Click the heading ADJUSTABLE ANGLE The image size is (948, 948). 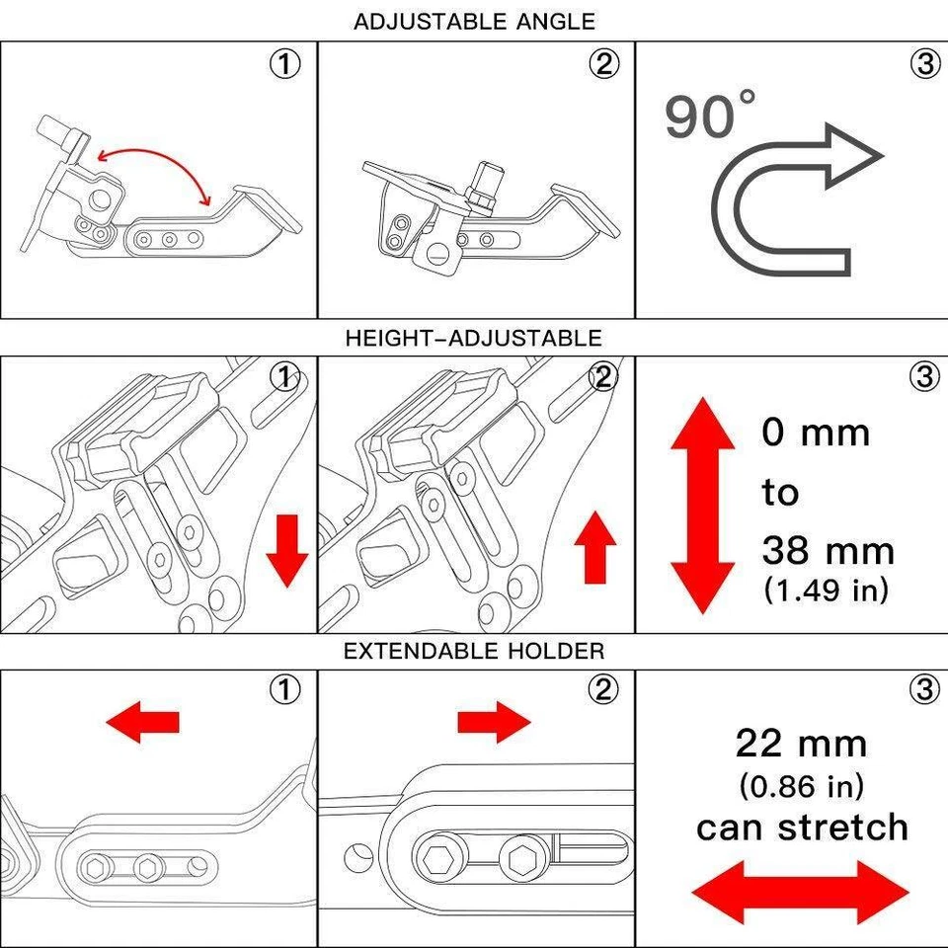click(x=474, y=21)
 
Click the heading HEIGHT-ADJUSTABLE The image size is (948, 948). click(x=473, y=339)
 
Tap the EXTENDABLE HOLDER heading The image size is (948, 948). click(x=474, y=651)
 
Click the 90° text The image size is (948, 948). click(x=709, y=115)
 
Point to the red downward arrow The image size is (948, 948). click(x=287, y=549)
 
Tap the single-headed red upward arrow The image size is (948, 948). click(x=594, y=549)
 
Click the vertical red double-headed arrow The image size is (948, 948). click(x=702, y=503)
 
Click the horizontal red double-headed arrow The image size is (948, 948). click(x=800, y=892)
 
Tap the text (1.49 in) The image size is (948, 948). click(x=826, y=590)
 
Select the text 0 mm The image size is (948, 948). click(x=815, y=433)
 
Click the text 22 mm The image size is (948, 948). click(x=801, y=743)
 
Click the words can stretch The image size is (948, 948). click(x=801, y=828)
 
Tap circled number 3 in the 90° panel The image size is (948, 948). click(x=923, y=64)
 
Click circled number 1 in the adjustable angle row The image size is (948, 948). click(x=285, y=64)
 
